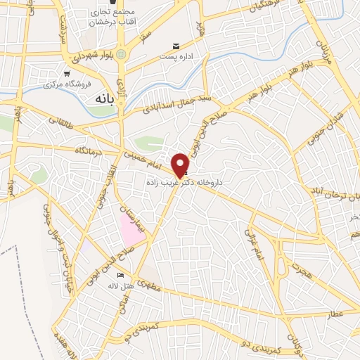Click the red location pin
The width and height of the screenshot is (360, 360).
(180, 165)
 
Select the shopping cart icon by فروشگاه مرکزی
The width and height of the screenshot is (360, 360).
(67, 73)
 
